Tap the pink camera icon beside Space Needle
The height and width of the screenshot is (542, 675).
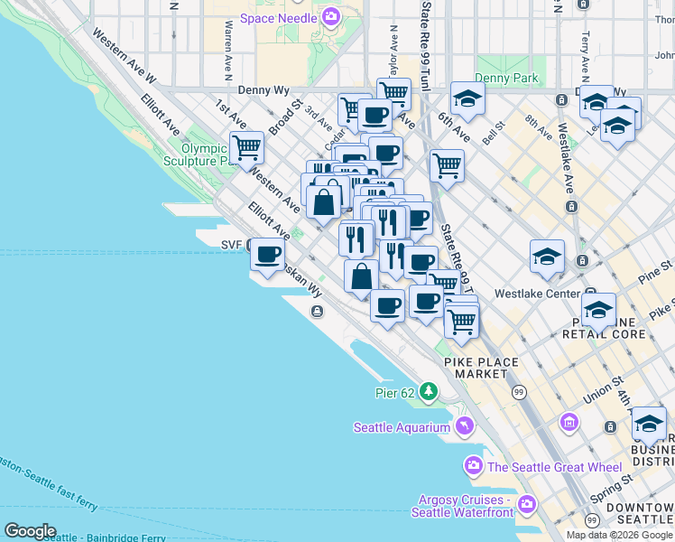[331, 17]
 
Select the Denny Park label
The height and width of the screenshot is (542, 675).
[506, 79]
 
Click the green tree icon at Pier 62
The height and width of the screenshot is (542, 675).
[429, 392]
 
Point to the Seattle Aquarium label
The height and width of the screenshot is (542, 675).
[401, 427]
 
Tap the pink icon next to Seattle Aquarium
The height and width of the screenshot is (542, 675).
[465, 425]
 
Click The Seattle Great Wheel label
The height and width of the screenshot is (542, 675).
[554, 467]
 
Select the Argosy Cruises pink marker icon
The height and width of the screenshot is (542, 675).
[527, 502]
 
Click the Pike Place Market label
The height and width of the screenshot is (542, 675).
[481, 369]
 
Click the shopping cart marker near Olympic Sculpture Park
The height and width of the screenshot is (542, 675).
[246, 146]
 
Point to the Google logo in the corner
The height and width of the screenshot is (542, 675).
[30, 531]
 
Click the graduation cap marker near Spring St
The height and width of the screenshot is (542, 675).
[648, 423]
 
